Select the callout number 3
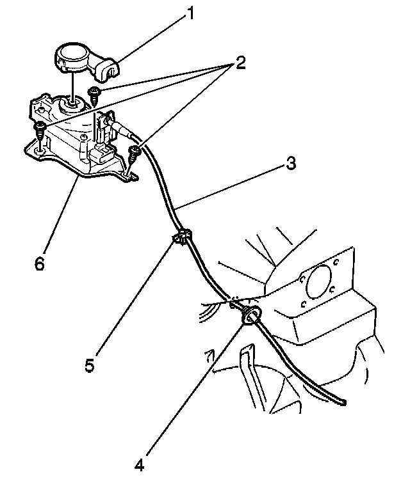291,164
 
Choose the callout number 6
40,263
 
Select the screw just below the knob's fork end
94,93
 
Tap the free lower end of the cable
345,402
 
